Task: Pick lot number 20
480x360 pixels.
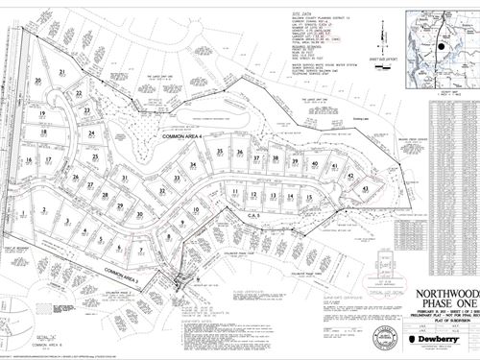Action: pyautogui.click(x=37, y=80)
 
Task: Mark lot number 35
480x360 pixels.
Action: pyautogui.click(x=221, y=153)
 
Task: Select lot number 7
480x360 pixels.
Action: pyautogui.click(x=141, y=251)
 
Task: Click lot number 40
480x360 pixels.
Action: pyautogui.click(x=315, y=164)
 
